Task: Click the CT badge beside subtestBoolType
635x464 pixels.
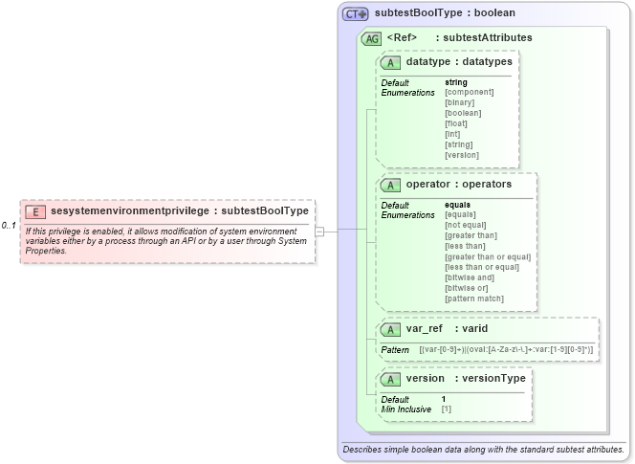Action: pyautogui.click(x=356, y=14)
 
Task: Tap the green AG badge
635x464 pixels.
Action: pyautogui.click(x=371, y=38)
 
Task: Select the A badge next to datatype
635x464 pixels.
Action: pyautogui.click(x=390, y=62)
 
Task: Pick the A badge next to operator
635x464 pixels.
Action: pyautogui.click(x=390, y=184)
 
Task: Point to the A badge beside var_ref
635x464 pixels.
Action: pyautogui.click(x=390, y=328)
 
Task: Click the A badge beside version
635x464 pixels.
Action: pyautogui.click(x=390, y=378)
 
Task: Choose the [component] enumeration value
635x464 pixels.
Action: pyautogui.click(x=469, y=92)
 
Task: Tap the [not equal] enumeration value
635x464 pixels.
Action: pyautogui.click(x=467, y=225)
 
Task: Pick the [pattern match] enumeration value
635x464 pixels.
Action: pyautogui.click(x=474, y=298)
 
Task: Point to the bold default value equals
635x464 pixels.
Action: pyautogui.click(x=458, y=205)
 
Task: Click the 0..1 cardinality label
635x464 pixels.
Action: pyautogui.click(x=9, y=225)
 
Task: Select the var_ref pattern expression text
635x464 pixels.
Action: pyautogui.click(x=506, y=350)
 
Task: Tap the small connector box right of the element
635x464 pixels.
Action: pyautogui.click(x=319, y=231)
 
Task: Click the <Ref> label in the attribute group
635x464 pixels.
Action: pyautogui.click(x=403, y=38)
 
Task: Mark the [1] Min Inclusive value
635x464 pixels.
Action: pyautogui.click(x=447, y=409)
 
